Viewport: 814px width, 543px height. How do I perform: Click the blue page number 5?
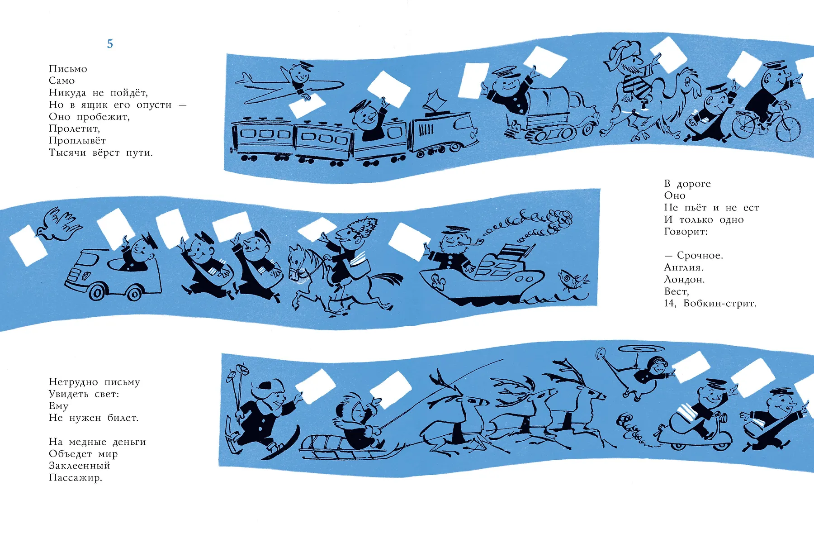(x=110, y=44)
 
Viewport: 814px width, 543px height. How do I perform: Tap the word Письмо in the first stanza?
(x=68, y=69)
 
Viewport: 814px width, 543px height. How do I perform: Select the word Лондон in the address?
(x=684, y=280)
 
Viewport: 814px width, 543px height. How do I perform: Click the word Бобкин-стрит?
(x=719, y=303)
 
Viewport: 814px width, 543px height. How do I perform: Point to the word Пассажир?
(x=76, y=478)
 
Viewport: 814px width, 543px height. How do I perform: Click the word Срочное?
(x=700, y=256)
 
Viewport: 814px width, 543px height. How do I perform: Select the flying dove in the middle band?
(x=59, y=224)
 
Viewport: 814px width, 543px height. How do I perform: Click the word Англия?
(x=684, y=267)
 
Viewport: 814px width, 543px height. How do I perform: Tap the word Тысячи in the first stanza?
(x=67, y=152)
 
